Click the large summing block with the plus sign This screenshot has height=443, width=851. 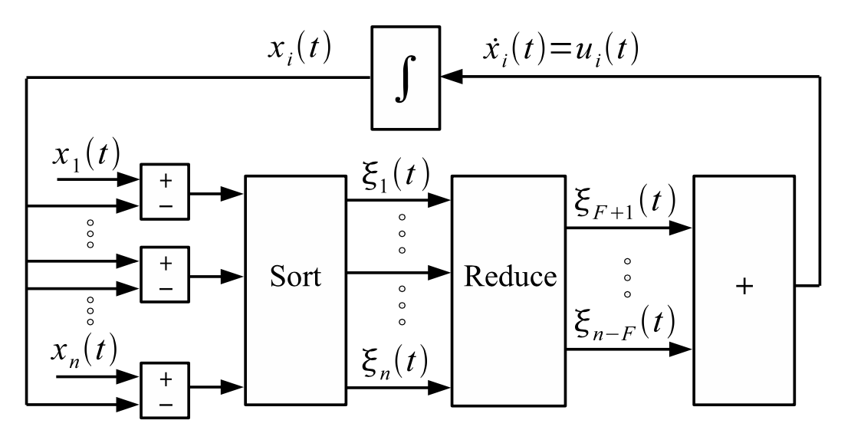[x=743, y=290]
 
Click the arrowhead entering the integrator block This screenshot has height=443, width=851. [x=452, y=76]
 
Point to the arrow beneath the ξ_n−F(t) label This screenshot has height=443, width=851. [x=629, y=350]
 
